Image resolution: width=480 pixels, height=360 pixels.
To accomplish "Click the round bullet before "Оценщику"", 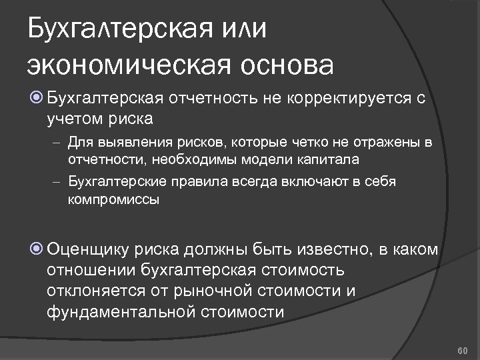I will tap(37, 250).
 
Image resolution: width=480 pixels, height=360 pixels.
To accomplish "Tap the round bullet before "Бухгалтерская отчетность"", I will tap(37, 100).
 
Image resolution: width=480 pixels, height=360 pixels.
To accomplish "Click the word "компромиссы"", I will tap(113, 199).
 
